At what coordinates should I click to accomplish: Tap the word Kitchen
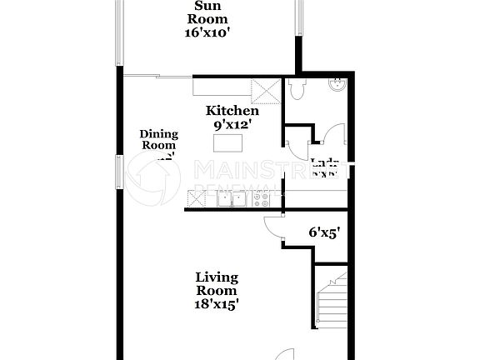(x=232, y=111)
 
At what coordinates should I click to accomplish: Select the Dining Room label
(x=157, y=139)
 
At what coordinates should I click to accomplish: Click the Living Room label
(x=217, y=283)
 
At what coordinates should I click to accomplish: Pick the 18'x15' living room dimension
(x=217, y=304)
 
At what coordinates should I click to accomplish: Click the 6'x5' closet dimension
(x=322, y=233)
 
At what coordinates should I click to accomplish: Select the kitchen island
(x=231, y=143)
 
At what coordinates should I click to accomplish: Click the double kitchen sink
(x=232, y=198)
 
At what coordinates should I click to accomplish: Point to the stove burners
(x=262, y=198)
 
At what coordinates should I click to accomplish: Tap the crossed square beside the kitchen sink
(x=197, y=198)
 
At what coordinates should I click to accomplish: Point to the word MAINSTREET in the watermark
(x=267, y=171)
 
